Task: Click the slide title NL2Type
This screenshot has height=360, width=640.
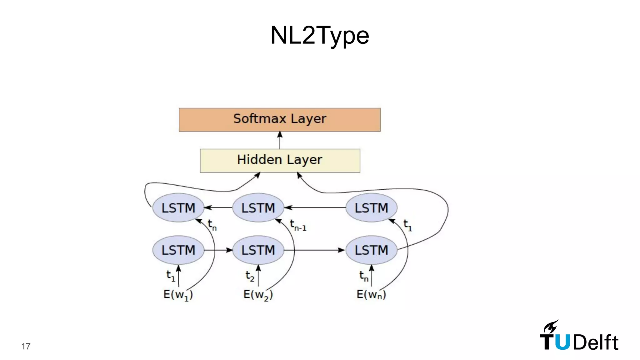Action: click(x=320, y=35)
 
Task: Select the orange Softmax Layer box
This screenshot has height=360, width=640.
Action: click(x=280, y=120)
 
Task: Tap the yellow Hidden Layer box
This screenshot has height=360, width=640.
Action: click(x=280, y=160)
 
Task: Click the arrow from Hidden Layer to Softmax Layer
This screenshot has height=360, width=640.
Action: click(x=280, y=140)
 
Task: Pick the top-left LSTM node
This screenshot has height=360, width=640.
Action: click(x=178, y=208)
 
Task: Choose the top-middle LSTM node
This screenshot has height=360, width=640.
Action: click(x=258, y=208)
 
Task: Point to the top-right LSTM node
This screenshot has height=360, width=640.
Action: click(x=371, y=208)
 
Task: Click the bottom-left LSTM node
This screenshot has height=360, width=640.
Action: click(x=178, y=250)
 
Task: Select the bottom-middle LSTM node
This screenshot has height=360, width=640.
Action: click(x=258, y=250)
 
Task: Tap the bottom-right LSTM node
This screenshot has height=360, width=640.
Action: click(x=371, y=250)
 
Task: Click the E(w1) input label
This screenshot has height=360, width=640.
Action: click(x=178, y=295)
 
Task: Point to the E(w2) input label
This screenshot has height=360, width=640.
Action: click(x=258, y=295)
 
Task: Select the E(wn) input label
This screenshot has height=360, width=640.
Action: click(x=371, y=294)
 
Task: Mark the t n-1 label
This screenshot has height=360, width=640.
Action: click(x=298, y=225)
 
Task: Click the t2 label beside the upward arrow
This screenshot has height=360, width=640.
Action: click(x=250, y=276)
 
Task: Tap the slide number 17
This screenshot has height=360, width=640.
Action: click(x=26, y=346)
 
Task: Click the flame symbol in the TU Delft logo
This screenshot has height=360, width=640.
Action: click(x=551, y=327)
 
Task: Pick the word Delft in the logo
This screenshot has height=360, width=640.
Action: click(x=596, y=342)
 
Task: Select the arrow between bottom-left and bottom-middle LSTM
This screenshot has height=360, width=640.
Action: click(x=218, y=250)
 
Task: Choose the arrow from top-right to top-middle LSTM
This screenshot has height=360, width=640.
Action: click(x=315, y=207)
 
